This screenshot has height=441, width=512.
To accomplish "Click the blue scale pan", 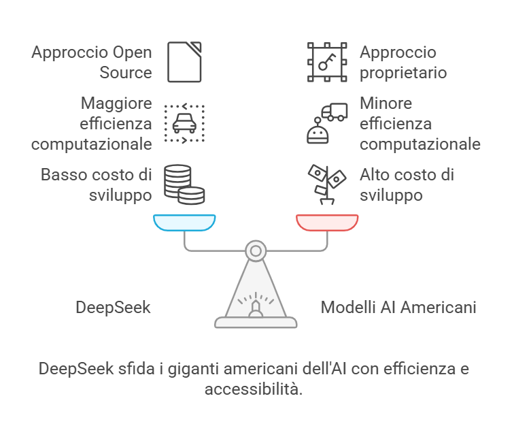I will pyautogui.click(x=184, y=223).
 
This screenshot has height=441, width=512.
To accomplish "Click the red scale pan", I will pyautogui.click(x=327, y=223).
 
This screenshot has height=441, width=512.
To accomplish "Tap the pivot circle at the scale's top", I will pyautogui.click(x=256, y=251).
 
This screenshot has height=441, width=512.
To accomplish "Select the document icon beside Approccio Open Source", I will pyautogui.click(x=184, y=62).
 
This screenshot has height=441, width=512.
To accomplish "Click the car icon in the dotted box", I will pyautogui.click(x=184, y=123).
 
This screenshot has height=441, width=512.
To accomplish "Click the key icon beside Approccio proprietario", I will pyautogui.click(x=327, y=62).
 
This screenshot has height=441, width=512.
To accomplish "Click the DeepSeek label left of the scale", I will pyautogui.click(x=113, y=308).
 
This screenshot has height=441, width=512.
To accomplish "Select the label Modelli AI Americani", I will pyautogui.click(x=398, y=308).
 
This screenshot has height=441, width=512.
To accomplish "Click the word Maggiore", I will pyautogui.click(x=116, y=103).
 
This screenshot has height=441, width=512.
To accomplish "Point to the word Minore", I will pyautogui.click(x=386, y=103).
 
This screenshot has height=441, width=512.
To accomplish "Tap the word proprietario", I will pyautogui.click(x=403, y=73).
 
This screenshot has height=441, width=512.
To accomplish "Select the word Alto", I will pyautogui.click(x=375, y=175).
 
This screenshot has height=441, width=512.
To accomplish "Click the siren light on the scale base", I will pyautogui.click(x=256, y=310).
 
